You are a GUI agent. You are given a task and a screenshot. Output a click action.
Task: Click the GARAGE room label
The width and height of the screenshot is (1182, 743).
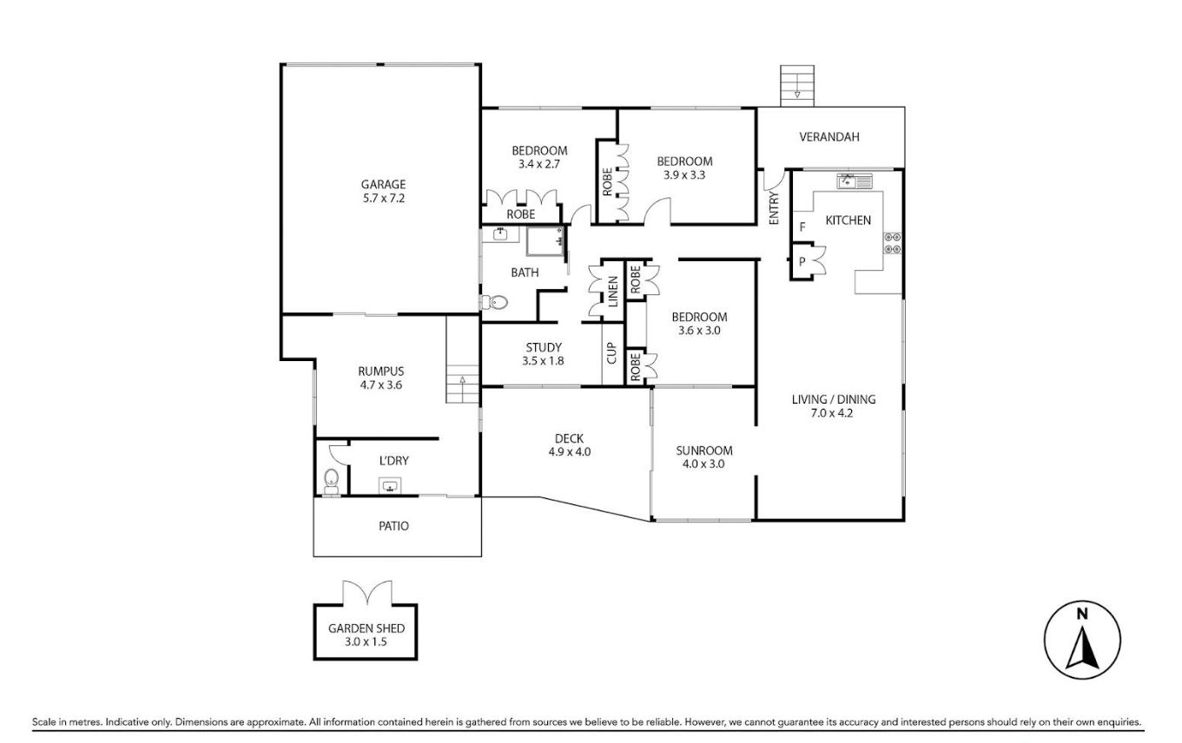tap(383, 185)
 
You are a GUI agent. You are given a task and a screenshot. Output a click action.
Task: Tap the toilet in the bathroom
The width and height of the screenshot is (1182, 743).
tap(495, 303)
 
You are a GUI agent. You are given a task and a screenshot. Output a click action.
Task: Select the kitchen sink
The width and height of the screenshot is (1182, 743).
tap(855, 181)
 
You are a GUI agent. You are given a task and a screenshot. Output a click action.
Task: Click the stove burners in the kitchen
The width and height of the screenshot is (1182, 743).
tap(893, 242)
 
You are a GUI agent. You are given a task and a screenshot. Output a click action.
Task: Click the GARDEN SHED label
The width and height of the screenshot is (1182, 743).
tap(366, 628)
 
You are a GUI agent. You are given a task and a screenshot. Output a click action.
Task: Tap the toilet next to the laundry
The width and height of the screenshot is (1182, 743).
tap(332, 482)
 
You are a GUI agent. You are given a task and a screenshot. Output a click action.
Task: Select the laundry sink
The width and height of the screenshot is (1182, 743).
tap(390, 485)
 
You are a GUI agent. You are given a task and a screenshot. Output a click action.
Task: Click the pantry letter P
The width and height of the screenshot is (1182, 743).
tap(802, 261)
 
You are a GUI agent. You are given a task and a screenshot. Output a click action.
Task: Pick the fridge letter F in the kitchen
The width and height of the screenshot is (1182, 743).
tap(802, 227)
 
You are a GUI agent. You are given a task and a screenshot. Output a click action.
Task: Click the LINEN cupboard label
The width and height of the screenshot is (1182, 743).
tap(612, 292)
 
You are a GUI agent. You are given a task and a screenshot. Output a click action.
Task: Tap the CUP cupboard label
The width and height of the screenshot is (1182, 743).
tap(611, 353)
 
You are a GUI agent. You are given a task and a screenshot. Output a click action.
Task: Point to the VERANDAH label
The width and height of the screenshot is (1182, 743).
tap(829, 137)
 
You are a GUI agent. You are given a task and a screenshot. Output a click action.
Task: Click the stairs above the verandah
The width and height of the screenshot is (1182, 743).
tap(797, 86)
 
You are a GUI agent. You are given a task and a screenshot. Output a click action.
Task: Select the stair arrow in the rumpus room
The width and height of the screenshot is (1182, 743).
tap(462, 389)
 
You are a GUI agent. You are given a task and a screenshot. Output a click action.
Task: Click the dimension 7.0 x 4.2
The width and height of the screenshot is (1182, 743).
tap(832, 413)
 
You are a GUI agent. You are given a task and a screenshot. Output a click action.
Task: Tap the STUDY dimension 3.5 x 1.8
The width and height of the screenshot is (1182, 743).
tap(543, 361)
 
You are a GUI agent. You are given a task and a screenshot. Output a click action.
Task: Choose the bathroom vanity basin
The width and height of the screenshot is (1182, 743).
tap(499, 233)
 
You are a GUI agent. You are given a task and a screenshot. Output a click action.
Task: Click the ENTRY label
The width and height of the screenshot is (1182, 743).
tap(774, 208)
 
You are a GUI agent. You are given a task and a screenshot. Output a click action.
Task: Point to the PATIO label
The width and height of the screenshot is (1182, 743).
tap(393, 526)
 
